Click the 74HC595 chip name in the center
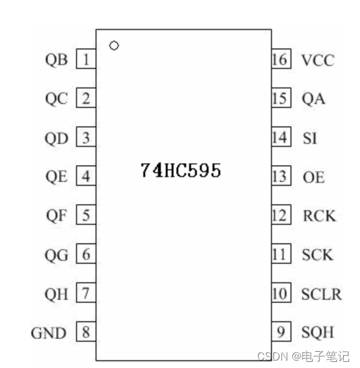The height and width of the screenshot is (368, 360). click(181, 170)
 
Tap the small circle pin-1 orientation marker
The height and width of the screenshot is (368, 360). click(114, 46)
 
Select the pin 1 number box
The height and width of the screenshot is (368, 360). click(86, 60)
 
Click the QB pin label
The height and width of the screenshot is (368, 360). click(56, 60)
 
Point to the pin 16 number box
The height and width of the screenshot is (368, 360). click(279, 60)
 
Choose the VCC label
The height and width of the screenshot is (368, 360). click(317, 60)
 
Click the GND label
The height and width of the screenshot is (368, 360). click(49, 333)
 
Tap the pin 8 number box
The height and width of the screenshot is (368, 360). click(86, 333)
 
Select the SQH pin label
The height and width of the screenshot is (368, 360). click(318, 333)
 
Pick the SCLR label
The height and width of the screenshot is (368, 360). click(321, 294)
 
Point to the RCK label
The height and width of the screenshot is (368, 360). click(319, 216)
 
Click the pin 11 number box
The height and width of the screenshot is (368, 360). click(279, 255)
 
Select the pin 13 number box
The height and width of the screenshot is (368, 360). click(279, 177)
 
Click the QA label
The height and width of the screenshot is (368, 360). click(313, 99)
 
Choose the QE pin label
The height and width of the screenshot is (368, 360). click(56, 177)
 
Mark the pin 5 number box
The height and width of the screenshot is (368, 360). click(86, 216)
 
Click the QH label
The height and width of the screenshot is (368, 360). click(56, 294)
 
